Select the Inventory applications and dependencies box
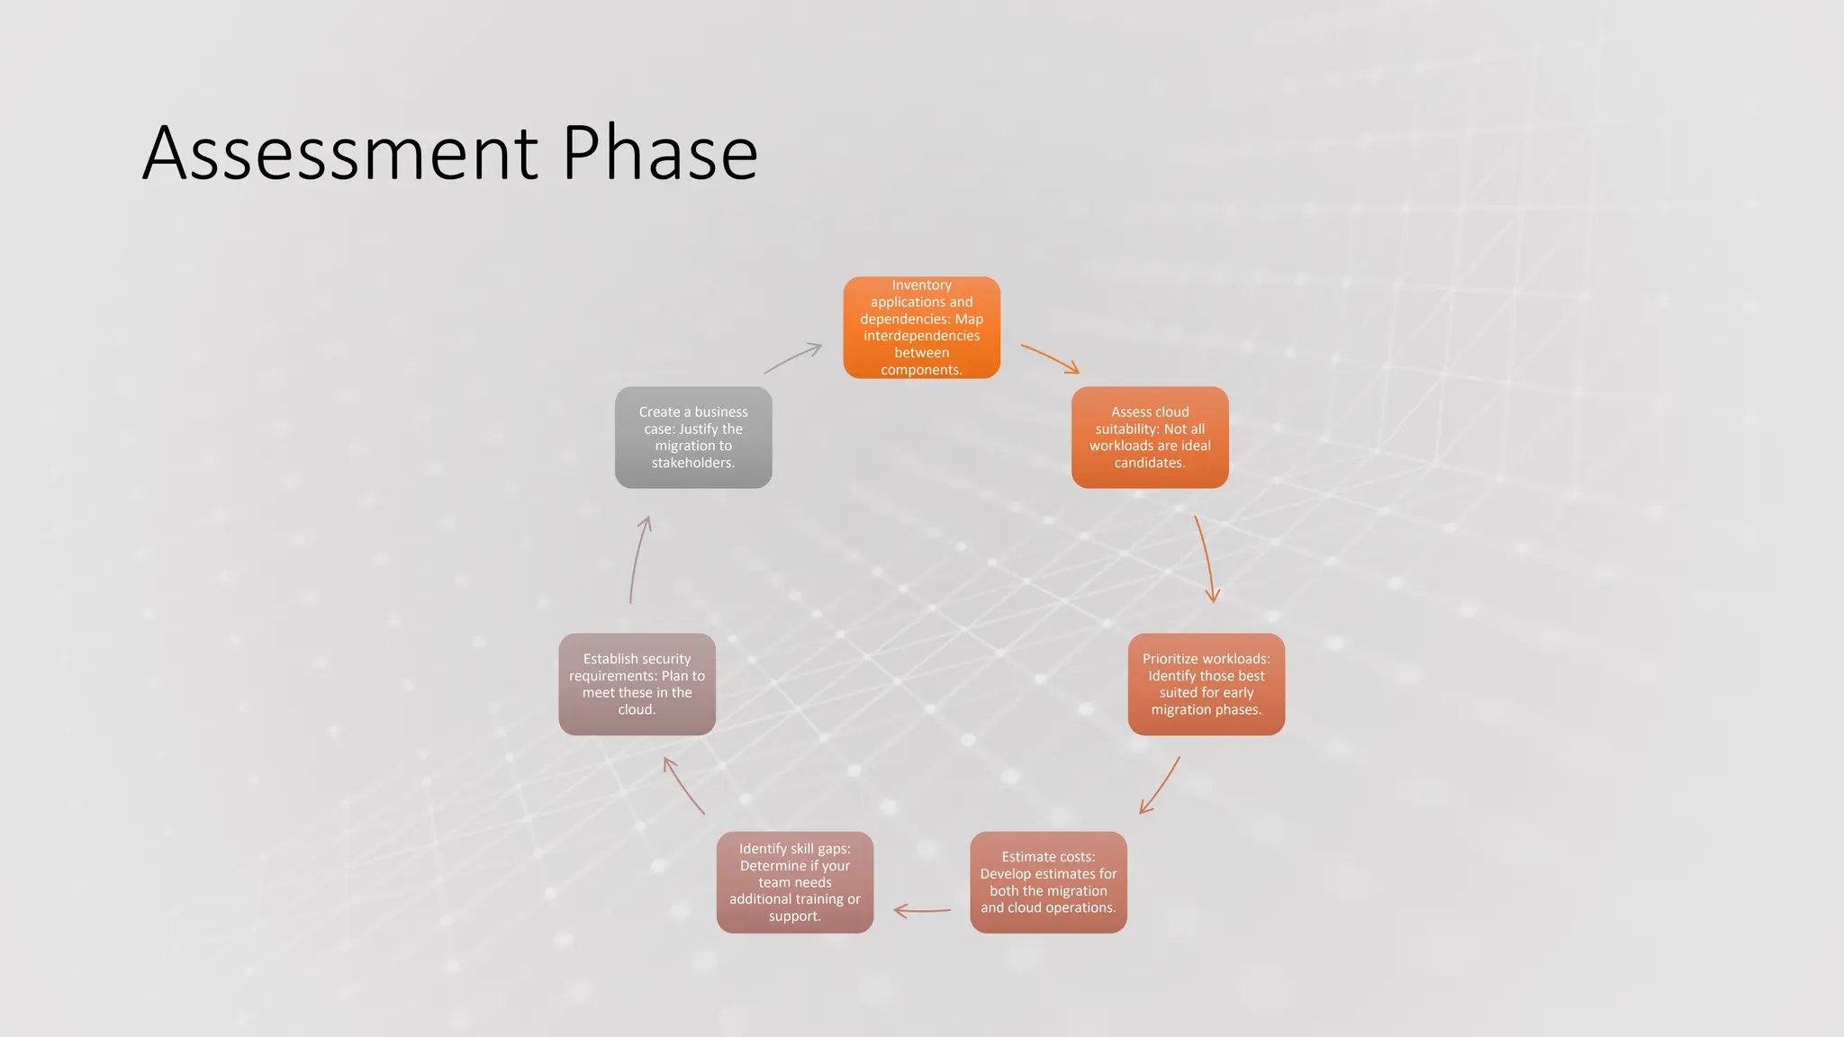point(921,328)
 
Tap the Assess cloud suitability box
point(1150,437)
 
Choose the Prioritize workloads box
point(1206,684)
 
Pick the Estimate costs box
point(1048,882)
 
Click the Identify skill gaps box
point(794,882)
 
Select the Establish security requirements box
point(637,684)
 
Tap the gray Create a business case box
point(692,437)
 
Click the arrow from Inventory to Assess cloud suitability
point(1049,357)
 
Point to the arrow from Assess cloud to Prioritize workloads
point(1205,558)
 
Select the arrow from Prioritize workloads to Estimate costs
point(1161,786)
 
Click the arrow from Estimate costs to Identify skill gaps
point(922,911)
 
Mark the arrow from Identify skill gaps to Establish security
point(683,786)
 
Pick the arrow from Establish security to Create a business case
point(638,558)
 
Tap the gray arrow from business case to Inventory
point(793,357)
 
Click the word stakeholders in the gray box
point(692,463)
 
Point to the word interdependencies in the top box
point(921,336)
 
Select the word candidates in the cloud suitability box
point(1149,463)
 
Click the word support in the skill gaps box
point(793,916)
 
